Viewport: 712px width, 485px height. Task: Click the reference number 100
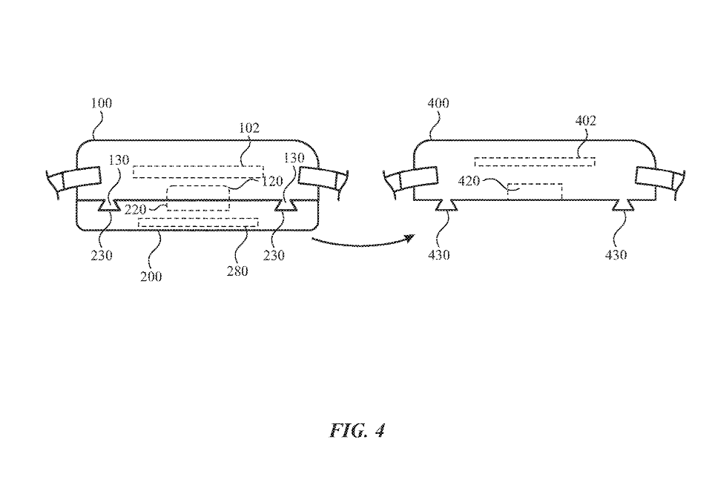click(102, 103)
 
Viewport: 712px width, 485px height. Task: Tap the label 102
click(249, 128)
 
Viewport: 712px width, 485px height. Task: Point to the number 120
click(272, 181)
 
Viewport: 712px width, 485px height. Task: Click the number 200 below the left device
click(150, 277)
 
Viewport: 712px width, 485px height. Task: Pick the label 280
click(237, 271)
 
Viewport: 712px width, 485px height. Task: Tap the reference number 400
click(438, 103)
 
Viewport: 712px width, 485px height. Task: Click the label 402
click(586, 121)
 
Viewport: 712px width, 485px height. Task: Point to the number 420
click(470, 181)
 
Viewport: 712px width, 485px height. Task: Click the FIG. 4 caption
click(358, 431)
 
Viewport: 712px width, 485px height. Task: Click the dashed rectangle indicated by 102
click(197, 172)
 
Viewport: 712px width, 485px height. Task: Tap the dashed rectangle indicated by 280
click(198, 222)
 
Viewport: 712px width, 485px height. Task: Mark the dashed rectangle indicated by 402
click(534, 161)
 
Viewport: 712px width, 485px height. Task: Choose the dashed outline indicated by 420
click(534, 191)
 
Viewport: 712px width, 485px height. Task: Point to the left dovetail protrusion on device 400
click(446, 205)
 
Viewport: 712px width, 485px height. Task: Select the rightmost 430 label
click(616, 254)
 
